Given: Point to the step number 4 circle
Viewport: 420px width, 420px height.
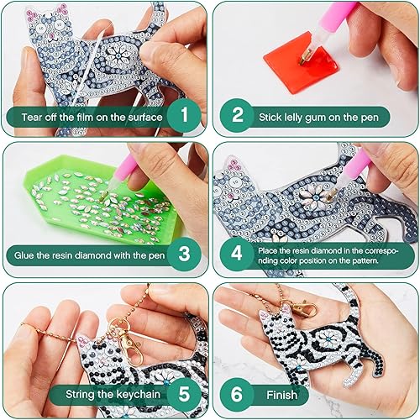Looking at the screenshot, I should pyautogui.click(x=238, y=252).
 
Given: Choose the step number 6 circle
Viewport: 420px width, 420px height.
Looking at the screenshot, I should pyautogui.click(x=238, y=392).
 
